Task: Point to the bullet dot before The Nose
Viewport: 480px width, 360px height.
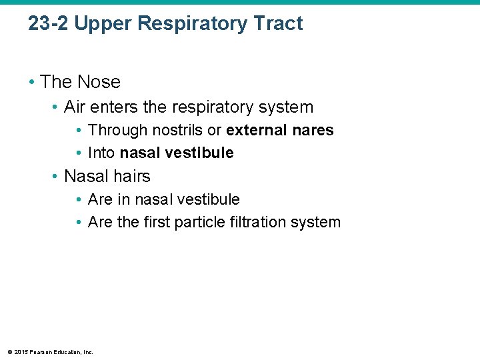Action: (32, 83)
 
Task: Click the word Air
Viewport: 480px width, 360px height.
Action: (75, 107)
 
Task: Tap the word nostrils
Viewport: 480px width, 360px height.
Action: (178, 130)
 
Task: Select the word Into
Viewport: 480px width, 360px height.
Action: (101, 153)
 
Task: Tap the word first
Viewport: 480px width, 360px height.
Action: (156, 222)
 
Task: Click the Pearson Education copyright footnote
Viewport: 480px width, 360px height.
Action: (51, 351)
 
